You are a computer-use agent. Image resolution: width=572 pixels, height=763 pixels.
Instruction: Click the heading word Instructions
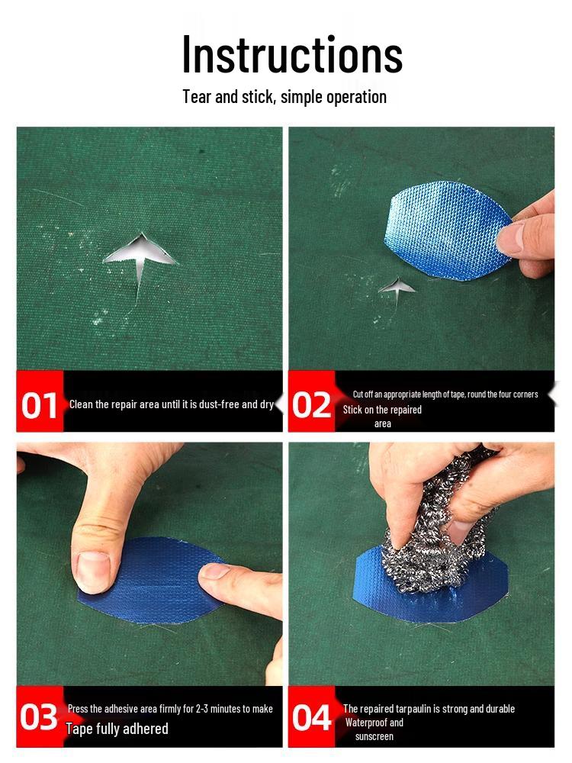point(292,54)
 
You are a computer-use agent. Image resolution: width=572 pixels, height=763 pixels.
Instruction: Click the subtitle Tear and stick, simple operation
point(284,97)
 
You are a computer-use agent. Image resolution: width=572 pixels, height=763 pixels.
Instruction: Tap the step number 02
point(311,405)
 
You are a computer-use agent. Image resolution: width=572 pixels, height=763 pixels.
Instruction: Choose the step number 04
point(311,718)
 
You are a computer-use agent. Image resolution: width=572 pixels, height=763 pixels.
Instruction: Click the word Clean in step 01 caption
point(82,404)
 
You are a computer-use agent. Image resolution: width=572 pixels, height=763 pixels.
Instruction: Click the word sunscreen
point(374,736)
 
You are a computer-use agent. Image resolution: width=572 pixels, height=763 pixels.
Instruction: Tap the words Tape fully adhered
point(117,729)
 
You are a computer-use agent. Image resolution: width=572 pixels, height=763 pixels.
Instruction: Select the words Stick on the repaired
point(382,410)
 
